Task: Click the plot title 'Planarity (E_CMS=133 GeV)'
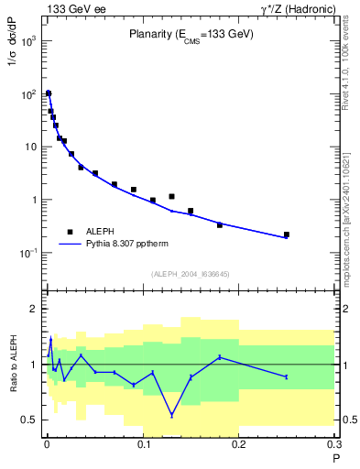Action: pyautogui.click(x=190, y=35)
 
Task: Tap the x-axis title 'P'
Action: pyautogui.click(x=334, y=458)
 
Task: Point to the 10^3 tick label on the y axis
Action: pyautogui.click(x=27, y=42)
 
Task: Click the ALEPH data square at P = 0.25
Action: pyautogui.click(x=287, y=235)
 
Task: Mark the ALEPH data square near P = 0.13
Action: pyautogui.click(x=171, y=196)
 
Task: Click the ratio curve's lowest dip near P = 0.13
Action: pyautogui.click(x=171, y=415)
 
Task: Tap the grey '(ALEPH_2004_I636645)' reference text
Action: pyautogui.click(x=190, y=274)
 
